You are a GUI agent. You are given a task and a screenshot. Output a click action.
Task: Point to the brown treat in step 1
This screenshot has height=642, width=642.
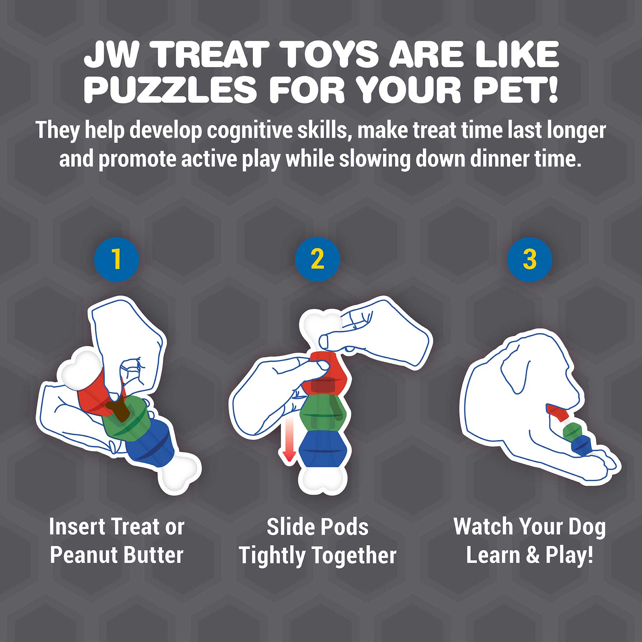point(120,410)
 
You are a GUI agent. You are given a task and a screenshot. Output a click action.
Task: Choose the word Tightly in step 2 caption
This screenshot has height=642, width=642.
point(272,556)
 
